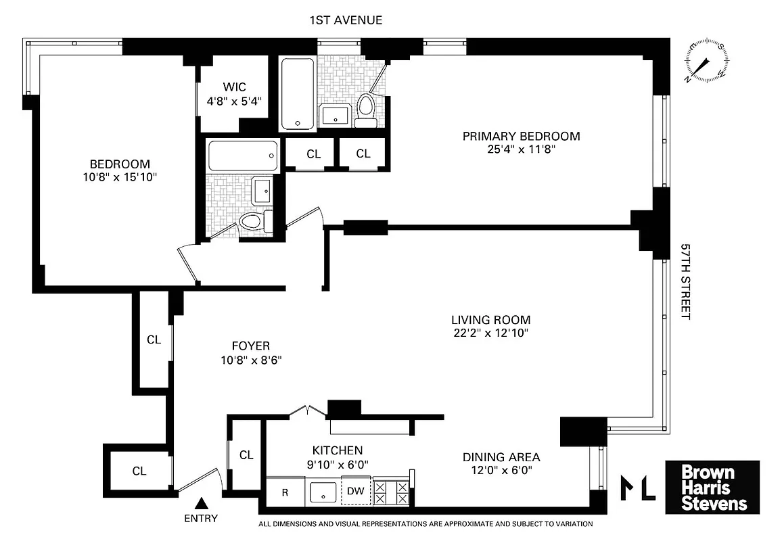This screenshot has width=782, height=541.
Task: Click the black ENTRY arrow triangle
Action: tap(201, 503)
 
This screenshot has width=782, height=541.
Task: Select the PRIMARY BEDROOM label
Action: tap(521, 136)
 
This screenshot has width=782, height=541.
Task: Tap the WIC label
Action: tap(234, 87)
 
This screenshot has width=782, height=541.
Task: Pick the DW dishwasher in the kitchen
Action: tap(356, 492)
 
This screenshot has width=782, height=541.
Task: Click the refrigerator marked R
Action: tap(285, 492)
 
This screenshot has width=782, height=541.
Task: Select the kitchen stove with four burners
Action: tap(392, 492)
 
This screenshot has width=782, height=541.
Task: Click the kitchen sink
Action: tap(324, 492)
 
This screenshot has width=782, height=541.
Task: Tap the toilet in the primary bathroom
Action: tap(366, 110)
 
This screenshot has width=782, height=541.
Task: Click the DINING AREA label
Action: tap(501, 457)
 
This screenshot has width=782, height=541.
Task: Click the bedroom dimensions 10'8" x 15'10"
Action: tap(120, 177)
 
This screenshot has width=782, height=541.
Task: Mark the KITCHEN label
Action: tap(337, 450)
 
